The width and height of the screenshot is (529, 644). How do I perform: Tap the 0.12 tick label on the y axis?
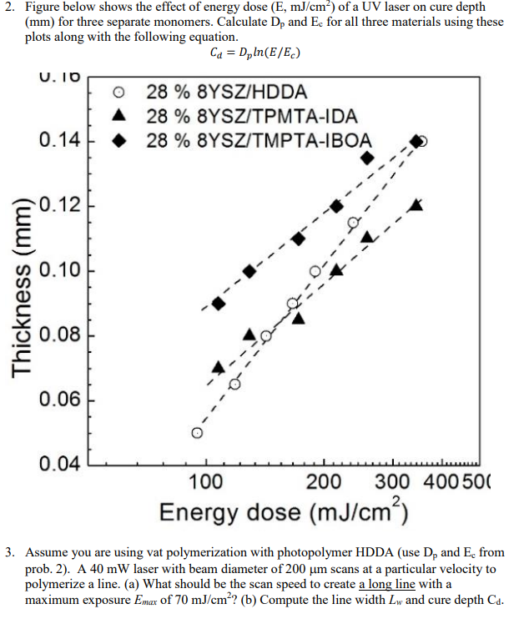click(60, 205)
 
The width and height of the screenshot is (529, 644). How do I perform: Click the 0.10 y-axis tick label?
click(60, 270)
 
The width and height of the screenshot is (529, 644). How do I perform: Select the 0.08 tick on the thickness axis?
click(60, 335)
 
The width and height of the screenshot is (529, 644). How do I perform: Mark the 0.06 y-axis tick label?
click(60, 400)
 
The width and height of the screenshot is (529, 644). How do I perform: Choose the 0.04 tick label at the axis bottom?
click(60, 465)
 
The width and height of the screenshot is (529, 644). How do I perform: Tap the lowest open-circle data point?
click(197, 433)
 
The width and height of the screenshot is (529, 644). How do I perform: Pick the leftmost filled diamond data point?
click(219, 303)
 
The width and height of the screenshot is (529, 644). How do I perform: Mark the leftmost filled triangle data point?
click(219, 367)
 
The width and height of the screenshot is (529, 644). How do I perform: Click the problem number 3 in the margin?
click(10, 552)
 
